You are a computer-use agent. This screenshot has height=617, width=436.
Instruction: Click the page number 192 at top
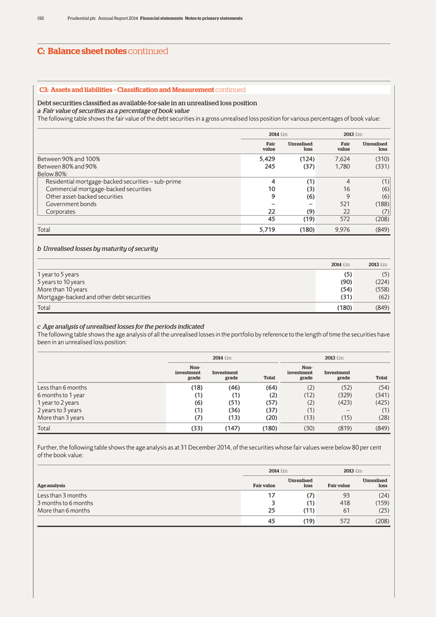click(41, 18)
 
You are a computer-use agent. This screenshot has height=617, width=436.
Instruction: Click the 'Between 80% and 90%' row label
click(67, 167)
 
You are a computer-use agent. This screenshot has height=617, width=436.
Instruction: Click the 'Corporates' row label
click(61, 212)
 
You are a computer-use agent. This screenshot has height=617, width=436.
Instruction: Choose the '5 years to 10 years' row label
click(61, 282)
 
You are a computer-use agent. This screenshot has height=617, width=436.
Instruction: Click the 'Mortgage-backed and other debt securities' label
click(94, 297)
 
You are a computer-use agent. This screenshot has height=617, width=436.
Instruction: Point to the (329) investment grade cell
click(341, 396)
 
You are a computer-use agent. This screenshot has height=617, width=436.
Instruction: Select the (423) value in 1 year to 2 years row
click(341, 404)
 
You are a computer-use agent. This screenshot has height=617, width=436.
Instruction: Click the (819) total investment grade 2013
click(341, 429)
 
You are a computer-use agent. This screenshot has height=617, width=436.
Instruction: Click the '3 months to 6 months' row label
click(65, 502)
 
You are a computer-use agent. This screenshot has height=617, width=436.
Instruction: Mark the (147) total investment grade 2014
click(228, 429)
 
